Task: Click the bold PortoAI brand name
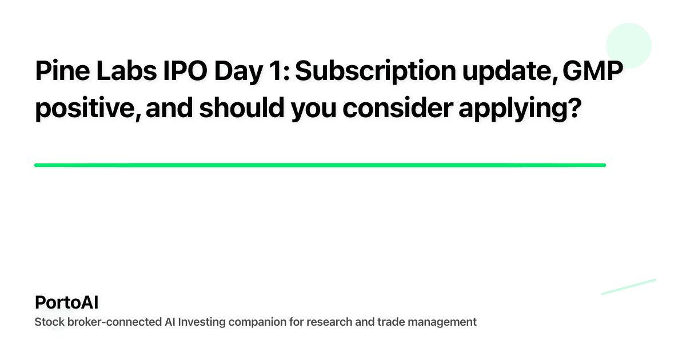pyautogui.click(x=66, y=302)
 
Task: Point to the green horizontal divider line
pyautogui.click(x=320, y=165)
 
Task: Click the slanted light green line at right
pyautogui.click(x=628, y=286)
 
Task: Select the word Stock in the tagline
pyautogui.click(x=49, y=322)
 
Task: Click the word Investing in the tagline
pyautogui.click(x=201, y=322)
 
